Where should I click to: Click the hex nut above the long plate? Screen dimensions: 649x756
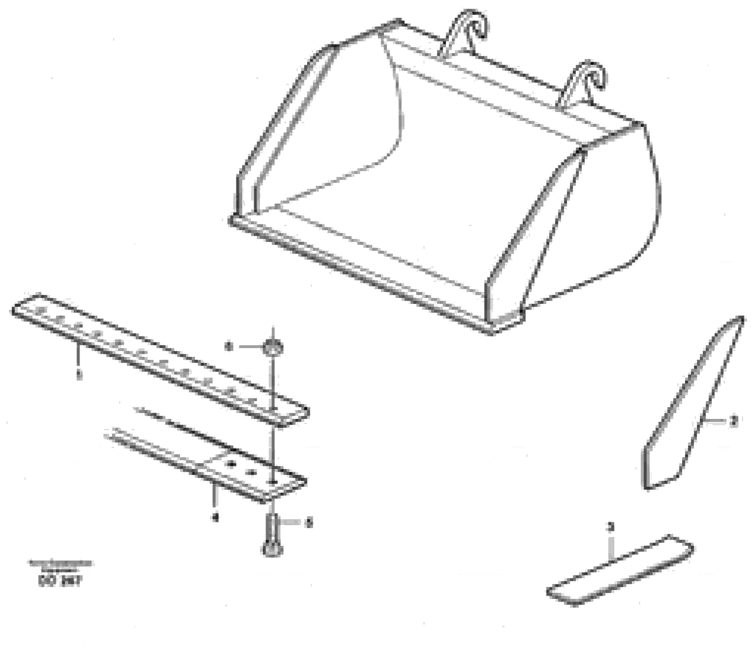[x=273, y=347]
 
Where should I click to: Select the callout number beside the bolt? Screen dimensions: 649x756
[x=309, y=523]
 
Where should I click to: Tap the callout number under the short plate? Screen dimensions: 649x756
[x=216, y=516]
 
